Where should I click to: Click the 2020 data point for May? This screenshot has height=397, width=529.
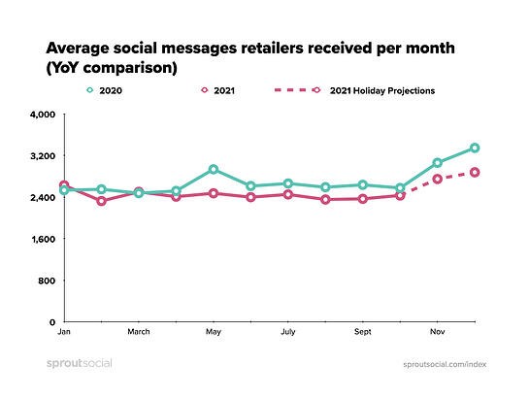214,169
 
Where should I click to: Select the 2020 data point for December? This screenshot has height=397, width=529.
475,148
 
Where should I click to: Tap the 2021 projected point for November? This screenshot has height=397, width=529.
437,179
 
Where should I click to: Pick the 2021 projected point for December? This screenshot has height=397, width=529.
475,173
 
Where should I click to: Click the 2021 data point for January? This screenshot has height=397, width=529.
64,185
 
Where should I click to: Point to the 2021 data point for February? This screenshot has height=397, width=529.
101,201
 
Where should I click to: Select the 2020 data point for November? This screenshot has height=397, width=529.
437,163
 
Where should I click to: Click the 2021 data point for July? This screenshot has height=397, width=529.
287,195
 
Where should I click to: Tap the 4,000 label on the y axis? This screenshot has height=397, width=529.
43,115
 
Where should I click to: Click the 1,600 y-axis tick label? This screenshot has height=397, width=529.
43,239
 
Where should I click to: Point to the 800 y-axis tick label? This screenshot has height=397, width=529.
47,281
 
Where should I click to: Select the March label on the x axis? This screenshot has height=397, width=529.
139,332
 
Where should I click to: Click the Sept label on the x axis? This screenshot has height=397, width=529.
363,332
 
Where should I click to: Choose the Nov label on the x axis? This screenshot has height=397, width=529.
437,332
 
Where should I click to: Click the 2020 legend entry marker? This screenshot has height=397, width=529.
89,90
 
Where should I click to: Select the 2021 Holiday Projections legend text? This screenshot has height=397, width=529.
382,90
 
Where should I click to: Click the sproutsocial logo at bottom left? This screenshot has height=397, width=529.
80,364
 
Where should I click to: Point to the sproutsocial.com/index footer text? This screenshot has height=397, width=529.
445,364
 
